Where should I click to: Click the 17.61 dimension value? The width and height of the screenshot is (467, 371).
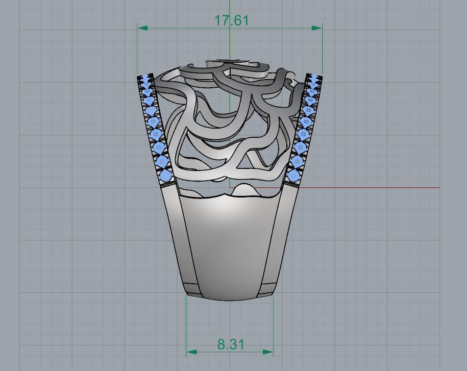point(231,20)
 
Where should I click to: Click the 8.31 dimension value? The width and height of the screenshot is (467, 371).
point(231,344)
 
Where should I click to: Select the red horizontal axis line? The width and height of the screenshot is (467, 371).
point(367,188)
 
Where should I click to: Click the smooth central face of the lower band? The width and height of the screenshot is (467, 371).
point(230,245)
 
